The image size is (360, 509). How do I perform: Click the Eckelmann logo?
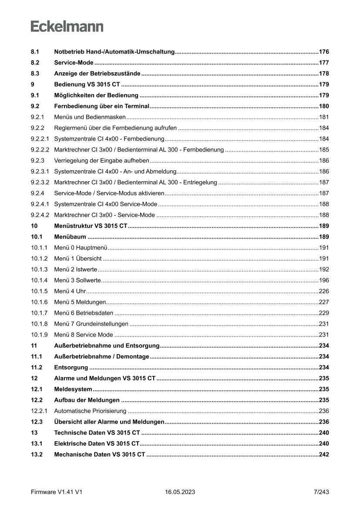click(67, 27)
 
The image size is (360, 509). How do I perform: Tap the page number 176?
click(323, 52)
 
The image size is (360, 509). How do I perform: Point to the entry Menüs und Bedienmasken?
click(90, 117)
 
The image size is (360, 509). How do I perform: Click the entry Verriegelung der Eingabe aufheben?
click(102, 161)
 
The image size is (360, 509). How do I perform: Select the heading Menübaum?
click(70, 237)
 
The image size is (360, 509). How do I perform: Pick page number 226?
click(323, 291)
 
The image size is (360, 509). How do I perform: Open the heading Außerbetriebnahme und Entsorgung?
click(107, 346)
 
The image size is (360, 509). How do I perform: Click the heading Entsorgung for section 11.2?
click(71, 367)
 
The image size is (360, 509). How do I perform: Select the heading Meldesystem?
click(73, 389)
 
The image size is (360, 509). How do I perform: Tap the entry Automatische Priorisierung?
click(90, 411)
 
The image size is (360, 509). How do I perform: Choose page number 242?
click(323, 455)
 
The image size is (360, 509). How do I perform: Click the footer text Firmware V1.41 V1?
click(57, 492)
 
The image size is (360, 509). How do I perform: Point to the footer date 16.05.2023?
click(180, 492)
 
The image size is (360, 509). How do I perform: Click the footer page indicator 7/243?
click(321, 492)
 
